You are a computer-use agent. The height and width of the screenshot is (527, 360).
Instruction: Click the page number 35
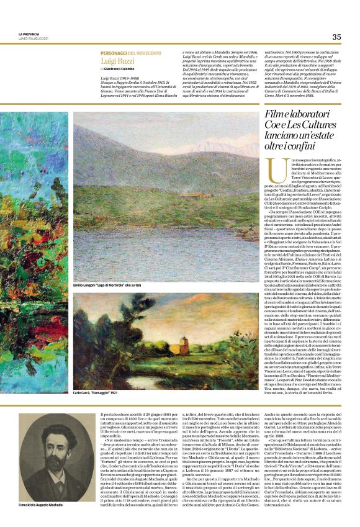336,36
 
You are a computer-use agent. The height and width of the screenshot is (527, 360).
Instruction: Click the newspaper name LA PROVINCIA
29,34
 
